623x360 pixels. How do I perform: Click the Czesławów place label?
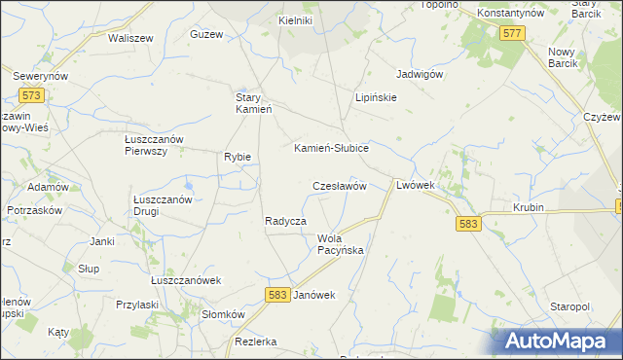(x=339, y=185)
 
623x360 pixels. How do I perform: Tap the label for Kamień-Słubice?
(x=331, y=148)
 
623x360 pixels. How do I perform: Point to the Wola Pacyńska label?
(x=340, y=244)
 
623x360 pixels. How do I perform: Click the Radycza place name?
(x=286, y=221)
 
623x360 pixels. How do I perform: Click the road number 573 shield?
(x=31, y=95)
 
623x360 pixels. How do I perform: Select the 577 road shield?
(x=513, y=34)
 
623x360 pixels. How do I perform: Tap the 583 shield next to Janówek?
(x=277, y=294)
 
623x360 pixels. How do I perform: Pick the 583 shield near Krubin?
(x=468, y=224)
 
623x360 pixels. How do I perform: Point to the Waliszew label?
(x=131, y=38)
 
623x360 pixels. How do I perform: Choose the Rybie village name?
(x=238, y=157)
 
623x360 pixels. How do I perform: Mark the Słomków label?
(x=222, y=314)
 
